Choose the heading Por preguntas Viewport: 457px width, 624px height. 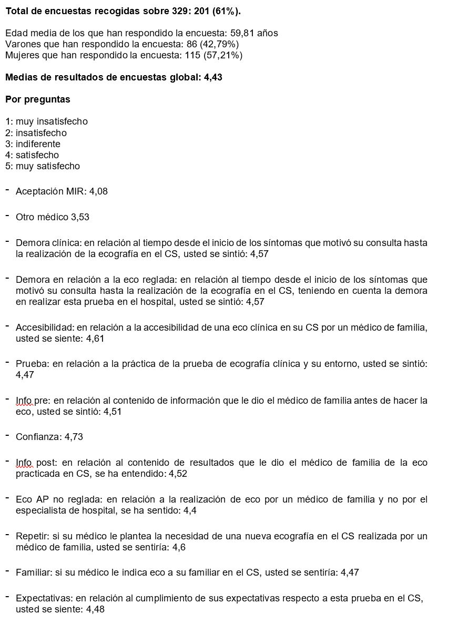pos(37,99)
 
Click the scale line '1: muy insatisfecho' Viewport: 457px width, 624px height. pos(46,121)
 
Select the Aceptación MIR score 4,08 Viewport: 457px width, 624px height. pos(98,191)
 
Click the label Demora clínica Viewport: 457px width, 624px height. pos(48,243)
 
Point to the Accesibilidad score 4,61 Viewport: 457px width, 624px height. pos(95,339)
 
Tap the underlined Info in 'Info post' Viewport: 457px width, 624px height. pos(24,463)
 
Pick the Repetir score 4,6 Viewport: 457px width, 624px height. pos(179,547)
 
